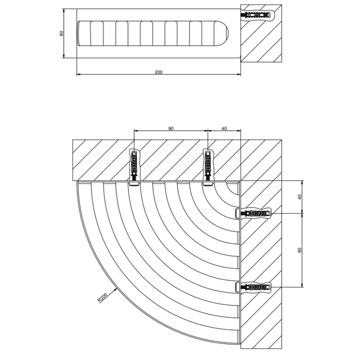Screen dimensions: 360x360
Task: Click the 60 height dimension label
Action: click(x=61, y=33)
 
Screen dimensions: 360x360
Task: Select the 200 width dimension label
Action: click(x=158, y=72)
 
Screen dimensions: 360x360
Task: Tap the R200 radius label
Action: click(x=102, y=298)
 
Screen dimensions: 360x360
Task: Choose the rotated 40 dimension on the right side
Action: click(x=299, y=197)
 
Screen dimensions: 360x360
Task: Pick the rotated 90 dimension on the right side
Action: click(x=299, y=250)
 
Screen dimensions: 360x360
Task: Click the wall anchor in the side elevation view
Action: click(x=257, y=15)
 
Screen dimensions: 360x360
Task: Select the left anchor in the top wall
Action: click(x=134, y=167)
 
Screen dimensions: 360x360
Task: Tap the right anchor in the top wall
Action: click(x=208, y=167)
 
